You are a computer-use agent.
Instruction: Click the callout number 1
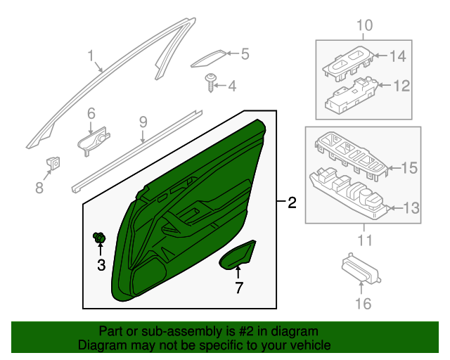pos(90,56)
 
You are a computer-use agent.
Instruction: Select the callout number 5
pos(245,53)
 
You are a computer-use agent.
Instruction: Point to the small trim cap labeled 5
pos(208,58)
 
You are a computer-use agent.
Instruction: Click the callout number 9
pos(143,122)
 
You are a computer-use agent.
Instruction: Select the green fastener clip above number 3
pos(100,239)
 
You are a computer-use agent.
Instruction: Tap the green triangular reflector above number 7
pos(240,256)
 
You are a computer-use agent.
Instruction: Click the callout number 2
pos(292,204)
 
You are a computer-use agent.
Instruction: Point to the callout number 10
pos(364,27)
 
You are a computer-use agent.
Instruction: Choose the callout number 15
pos(409,168)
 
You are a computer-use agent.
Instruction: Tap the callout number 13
pos(409,207)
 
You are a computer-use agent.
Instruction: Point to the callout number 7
pos(238,287)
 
